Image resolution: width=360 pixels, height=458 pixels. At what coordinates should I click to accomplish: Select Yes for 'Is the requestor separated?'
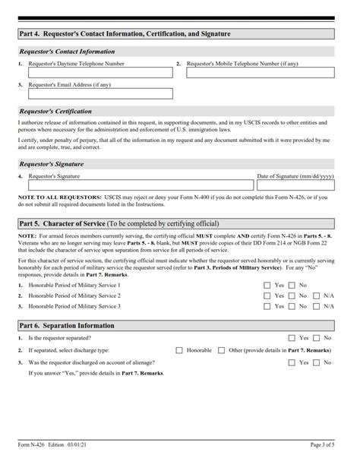tap(292, 337)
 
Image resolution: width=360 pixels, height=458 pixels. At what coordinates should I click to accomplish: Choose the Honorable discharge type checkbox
tap(179, 350)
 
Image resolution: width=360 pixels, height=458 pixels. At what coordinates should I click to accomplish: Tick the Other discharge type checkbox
tap(221, 350)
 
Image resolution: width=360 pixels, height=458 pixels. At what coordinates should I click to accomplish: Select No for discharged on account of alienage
tap(317, 363)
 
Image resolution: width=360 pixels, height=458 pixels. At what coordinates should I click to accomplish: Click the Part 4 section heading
tap(114, 35)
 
